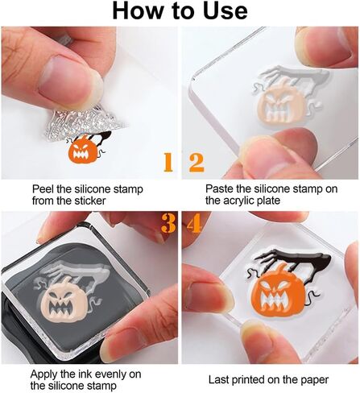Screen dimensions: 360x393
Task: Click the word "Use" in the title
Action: pyautogui.click(x=226, y=11)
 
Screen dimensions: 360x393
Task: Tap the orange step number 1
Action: pyautogui.click(x=168, y=162)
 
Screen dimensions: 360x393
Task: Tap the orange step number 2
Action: pyautogui.click(x=197, y=162)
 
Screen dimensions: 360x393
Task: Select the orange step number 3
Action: pyautogui.click(x=168, y=223)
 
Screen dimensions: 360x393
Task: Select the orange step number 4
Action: pyautogui.click(x=195, y=223)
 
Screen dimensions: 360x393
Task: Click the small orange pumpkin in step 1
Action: pyautogui.click(x=82, y=151)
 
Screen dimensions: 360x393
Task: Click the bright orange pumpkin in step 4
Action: pyautogui.click(x=279, y=292)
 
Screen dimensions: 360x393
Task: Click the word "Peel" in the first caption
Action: pyautogui.click(x=43, y=189)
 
